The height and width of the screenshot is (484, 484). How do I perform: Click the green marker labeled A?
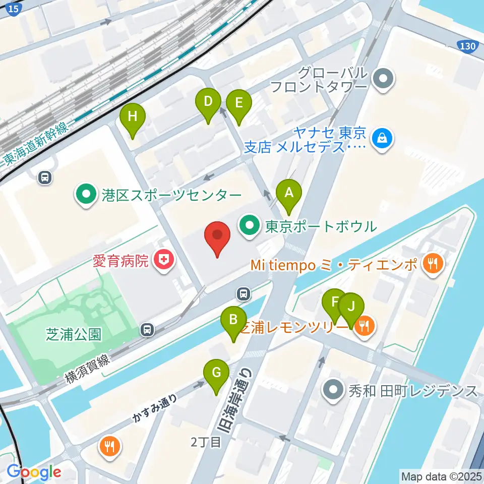point(289,192)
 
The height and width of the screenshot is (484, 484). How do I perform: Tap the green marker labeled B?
point(233,319)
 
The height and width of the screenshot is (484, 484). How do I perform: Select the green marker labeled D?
point(208,101)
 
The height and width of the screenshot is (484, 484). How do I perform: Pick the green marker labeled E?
point(238,103)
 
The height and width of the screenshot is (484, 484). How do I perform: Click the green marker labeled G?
point(216,373)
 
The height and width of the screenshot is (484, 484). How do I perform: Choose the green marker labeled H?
point(133,117)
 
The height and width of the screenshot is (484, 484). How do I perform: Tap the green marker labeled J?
point(351,306)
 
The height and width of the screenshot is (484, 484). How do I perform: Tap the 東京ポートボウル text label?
point(323,226)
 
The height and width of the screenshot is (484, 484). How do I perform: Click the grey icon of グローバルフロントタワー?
point(384,79)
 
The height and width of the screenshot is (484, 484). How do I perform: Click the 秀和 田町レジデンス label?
point(412,390)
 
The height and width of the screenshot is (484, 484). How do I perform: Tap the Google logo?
point(34,472)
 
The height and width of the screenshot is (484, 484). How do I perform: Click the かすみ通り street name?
point(155,408)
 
